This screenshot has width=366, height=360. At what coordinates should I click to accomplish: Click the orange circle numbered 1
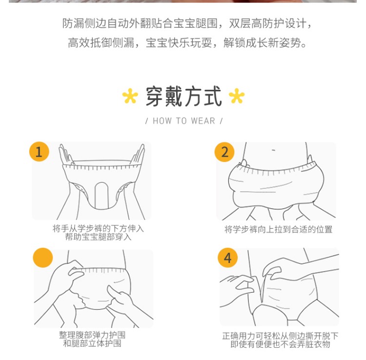coord(39,152)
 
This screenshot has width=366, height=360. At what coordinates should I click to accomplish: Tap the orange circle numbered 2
coord(224,152)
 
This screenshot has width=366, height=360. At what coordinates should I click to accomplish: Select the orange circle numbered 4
coord(228,258)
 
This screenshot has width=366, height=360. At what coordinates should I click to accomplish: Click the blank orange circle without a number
coord(43,258)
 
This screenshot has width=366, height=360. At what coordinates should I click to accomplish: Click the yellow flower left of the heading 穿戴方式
coord(130,96)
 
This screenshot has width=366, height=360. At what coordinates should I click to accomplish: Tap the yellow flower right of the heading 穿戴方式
coord(237,96)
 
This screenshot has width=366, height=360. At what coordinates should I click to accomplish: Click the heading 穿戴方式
coord(183,96)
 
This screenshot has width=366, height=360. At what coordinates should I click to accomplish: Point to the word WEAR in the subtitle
coord(203,121)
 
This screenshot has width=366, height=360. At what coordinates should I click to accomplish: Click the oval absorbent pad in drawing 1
coord(102,195)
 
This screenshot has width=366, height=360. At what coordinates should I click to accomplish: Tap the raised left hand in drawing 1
coord(66,155)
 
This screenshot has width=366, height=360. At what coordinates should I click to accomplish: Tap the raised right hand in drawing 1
coord(138,155)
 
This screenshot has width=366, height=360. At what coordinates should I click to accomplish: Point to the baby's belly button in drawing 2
coord(274,150)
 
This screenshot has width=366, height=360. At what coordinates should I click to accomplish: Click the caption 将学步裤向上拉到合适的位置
coord(278,229)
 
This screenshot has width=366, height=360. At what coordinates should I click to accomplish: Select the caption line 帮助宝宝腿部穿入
coord(98,237)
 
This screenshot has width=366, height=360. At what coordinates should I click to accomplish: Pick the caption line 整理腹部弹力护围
coord(92,335)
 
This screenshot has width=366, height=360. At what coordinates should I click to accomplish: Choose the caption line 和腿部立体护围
coord(92,343)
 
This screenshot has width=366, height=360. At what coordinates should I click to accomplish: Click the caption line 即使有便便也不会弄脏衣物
coord(280,344)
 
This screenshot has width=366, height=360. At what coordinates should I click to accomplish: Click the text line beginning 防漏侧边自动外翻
coord(187,23)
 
